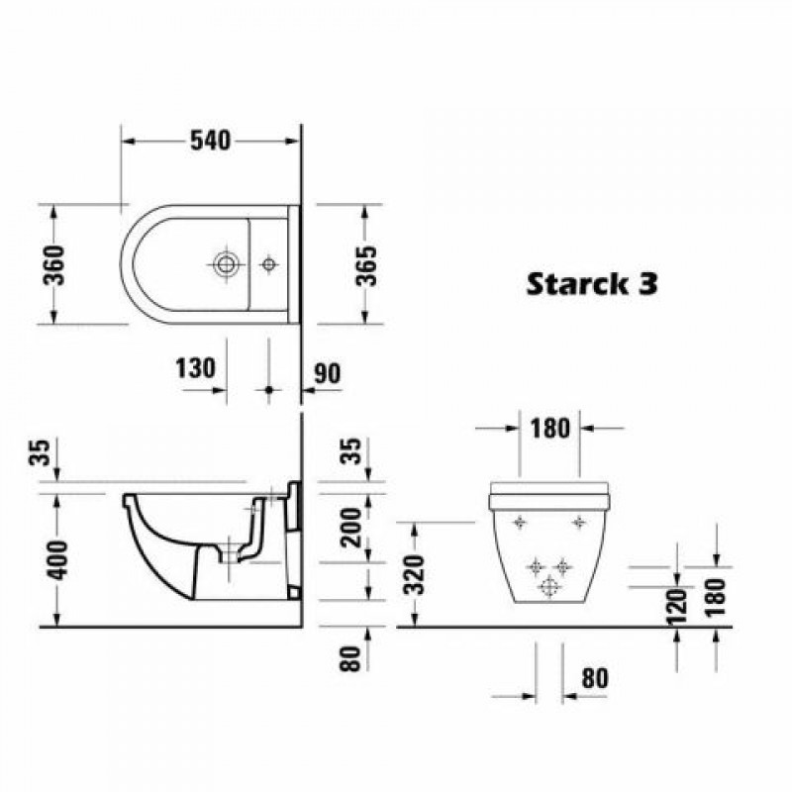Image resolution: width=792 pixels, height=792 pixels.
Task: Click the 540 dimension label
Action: (210, 141)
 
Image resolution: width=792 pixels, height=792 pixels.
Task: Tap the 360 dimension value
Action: (54, 265)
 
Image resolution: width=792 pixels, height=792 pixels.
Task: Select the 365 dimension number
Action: (366, 265)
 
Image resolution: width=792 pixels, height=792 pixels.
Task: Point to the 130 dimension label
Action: (195, 368)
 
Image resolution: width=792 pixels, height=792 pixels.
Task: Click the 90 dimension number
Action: (328, 374)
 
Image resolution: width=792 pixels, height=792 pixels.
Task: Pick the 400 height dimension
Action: (56, 560)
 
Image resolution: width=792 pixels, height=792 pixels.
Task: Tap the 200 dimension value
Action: (351, 528)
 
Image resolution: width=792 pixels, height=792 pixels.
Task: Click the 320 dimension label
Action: (416, 574)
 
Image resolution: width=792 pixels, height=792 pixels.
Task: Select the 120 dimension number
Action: (677, 607)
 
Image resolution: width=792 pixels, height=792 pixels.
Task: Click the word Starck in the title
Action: (570, 284)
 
